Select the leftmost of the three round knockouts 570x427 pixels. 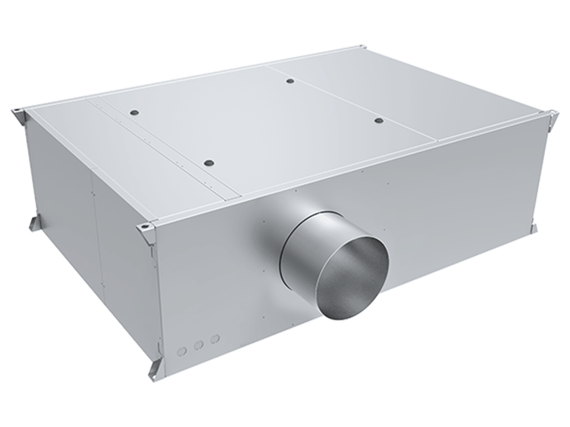tap(182, 351)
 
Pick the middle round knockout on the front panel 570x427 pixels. tap(199, 344)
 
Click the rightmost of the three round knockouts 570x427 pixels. tap(215, 338)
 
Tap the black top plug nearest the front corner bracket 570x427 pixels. tap(208, 163)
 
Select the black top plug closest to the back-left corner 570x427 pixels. tap(134, 112)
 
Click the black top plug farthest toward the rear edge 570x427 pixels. tap(290, 80)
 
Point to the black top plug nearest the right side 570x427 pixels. tap(377, 120)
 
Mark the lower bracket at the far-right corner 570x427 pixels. tap(534, 227)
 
